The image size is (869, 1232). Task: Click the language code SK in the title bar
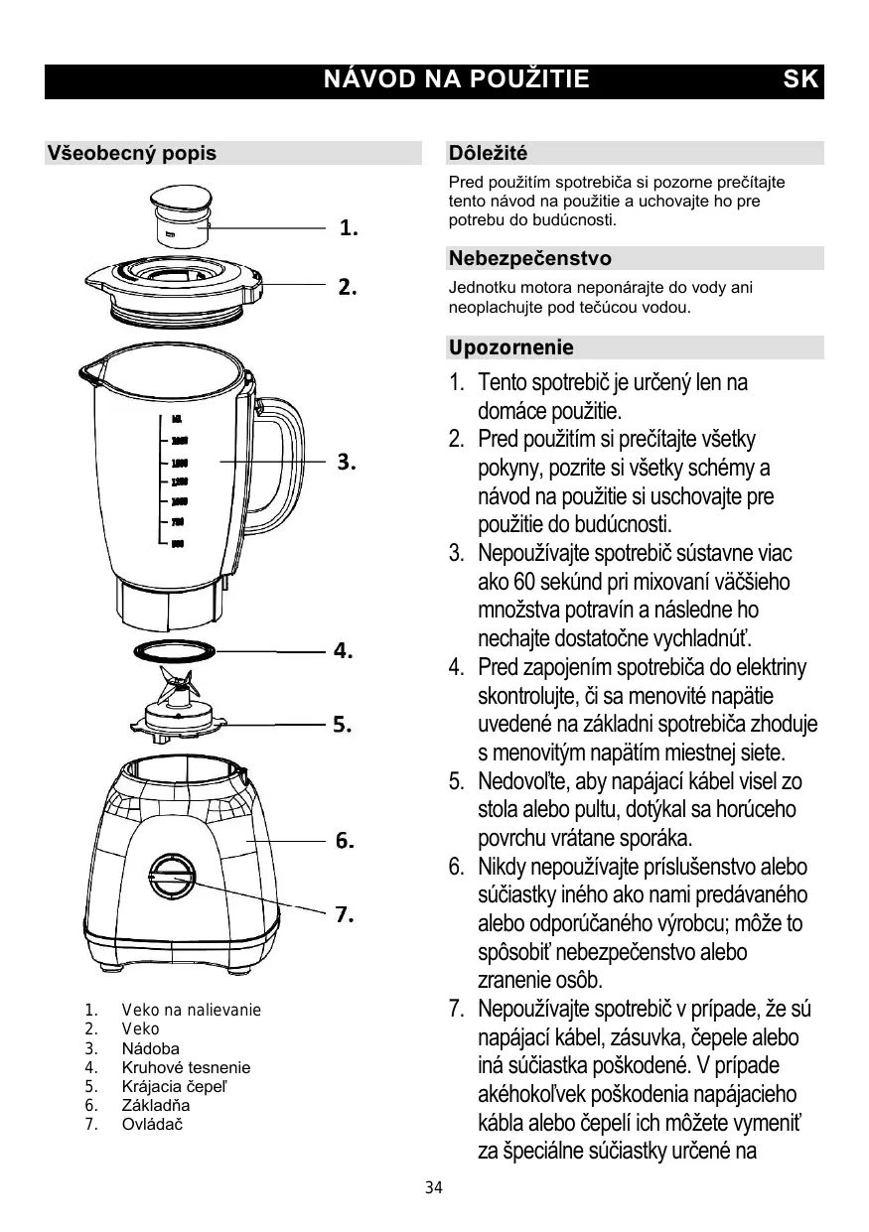[800, 80]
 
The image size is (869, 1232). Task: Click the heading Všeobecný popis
[132, 154]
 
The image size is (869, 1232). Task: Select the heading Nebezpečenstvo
[529, 259]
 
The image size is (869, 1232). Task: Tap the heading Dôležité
[488, 154]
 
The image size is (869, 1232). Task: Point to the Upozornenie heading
[510, 348]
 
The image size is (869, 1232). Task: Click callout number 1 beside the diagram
[349, 228]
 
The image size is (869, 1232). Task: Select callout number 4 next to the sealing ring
[344, 652]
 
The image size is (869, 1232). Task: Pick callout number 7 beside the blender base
[345, 915]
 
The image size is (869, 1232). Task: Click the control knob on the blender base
[173, 879]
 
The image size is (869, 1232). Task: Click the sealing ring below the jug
[174, 651]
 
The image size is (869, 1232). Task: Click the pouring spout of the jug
[91, 374]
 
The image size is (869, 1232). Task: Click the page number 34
[433, 1188]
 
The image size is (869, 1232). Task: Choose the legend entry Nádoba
[151, 1049]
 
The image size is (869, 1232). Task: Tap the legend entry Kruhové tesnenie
[186, 1068]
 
